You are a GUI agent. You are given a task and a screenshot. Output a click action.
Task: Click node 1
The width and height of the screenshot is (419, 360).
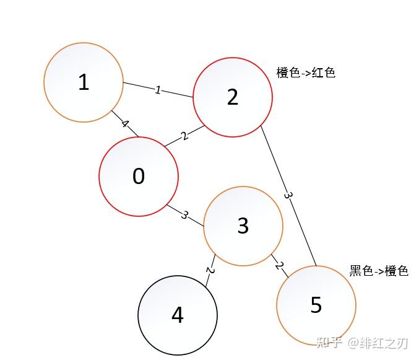coord(84,82)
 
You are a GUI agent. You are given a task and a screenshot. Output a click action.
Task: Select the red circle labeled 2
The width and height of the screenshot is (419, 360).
coord(233,97)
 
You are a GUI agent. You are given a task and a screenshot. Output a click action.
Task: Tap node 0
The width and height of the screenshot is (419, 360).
coord(139,177)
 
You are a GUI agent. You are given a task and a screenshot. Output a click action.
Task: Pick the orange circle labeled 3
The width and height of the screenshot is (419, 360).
coord(243,226)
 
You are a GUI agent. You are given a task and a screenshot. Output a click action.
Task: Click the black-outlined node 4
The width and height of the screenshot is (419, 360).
coord(178,315)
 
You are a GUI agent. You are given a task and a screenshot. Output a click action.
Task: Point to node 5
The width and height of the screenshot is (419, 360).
coord(316,305)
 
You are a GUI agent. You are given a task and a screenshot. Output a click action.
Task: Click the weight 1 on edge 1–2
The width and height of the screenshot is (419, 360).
coord(158,90)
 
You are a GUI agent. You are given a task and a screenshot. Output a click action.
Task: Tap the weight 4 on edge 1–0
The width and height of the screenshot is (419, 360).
coord(125,124)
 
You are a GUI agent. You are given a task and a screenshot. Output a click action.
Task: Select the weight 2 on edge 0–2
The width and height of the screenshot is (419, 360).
coord(184,136)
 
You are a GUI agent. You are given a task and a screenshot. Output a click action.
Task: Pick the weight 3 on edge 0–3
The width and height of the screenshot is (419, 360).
coord(184,215)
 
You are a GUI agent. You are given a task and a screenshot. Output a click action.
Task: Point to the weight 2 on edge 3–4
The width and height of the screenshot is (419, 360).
coord(210,271)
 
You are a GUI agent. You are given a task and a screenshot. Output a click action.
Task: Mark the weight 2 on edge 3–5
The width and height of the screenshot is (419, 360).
coord(279,266)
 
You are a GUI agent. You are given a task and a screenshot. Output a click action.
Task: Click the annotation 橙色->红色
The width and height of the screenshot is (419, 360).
coord(306,72)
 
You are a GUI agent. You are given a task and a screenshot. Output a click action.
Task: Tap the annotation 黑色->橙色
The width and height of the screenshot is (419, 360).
coord(379,271)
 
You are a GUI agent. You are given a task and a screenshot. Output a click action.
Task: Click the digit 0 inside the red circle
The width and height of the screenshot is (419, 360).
coord(139,177)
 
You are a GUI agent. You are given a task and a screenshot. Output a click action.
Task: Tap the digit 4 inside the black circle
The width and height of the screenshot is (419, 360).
coord(178,315)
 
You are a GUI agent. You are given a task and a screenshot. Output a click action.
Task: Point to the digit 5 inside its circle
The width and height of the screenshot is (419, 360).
coord(316,305)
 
